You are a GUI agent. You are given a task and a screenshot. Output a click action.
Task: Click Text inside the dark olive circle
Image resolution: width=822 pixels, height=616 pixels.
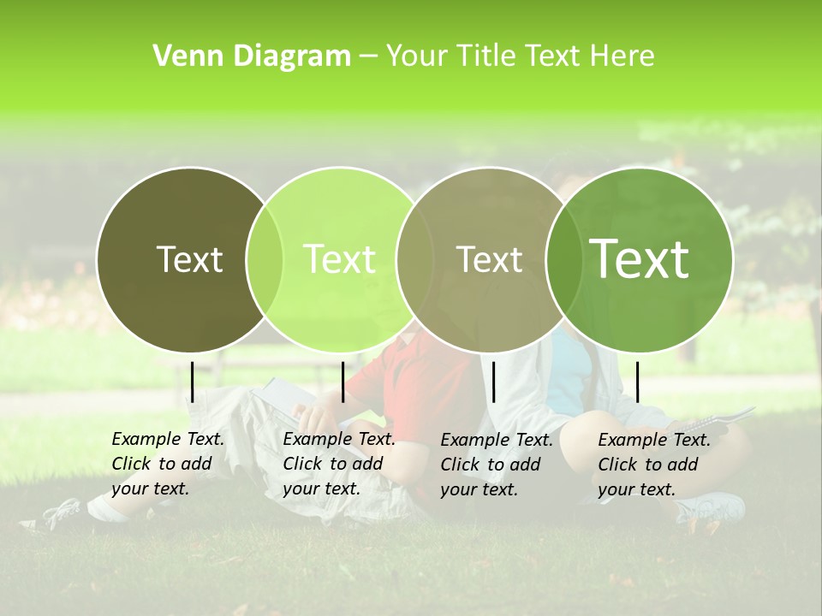(189, 259)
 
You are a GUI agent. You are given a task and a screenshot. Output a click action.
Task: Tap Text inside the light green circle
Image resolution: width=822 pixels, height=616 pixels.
(339, 259)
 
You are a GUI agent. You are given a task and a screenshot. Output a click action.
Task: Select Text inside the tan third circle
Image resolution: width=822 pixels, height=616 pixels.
(489, 259)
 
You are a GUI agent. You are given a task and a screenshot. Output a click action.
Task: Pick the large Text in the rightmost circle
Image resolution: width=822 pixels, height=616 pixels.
(639, 258)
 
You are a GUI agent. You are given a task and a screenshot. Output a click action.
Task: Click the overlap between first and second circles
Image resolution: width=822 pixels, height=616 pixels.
(265, 259)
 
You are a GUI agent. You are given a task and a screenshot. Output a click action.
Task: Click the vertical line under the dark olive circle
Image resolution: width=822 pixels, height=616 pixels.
(193, 382)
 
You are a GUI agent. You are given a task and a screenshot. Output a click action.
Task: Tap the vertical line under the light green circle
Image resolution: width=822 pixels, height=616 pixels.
(342, 382)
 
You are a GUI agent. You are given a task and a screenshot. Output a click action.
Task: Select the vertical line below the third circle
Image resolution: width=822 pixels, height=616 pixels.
(493, 382)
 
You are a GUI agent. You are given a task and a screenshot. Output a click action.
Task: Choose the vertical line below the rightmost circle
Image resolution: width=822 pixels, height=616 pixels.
(637, 382)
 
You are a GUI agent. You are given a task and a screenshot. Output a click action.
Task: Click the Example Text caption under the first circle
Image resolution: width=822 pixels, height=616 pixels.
(167, 464)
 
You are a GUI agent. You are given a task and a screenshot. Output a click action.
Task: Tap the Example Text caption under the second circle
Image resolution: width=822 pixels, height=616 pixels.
(338, 464)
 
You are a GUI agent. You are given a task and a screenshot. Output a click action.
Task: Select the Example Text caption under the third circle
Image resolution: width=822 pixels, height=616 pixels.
(496, 465)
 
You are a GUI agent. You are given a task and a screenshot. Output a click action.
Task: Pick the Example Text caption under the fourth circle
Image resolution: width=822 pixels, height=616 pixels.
(653, 465)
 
